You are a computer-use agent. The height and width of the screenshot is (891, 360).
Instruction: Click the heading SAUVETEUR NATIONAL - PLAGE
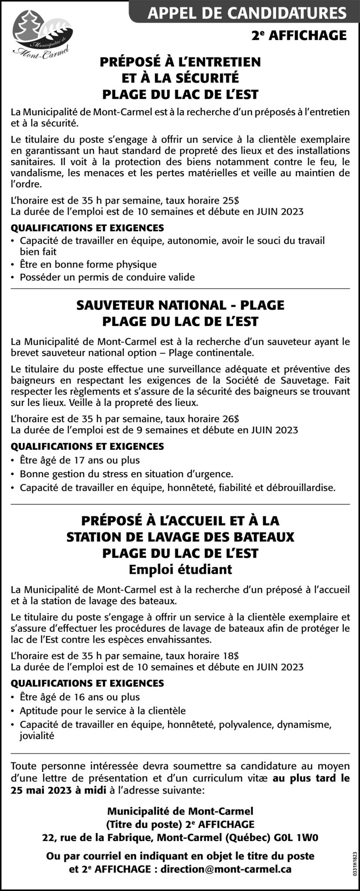click(180, 305)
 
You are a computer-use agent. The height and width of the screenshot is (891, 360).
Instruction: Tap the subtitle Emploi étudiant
click(180, 569)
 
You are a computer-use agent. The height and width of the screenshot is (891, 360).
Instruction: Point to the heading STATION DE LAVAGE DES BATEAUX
click(180, 537)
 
